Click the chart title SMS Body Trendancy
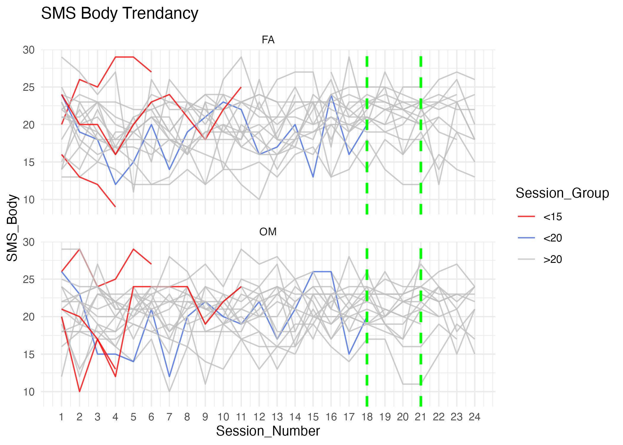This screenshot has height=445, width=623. coord(120,13)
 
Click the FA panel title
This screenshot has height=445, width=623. coord(268,40)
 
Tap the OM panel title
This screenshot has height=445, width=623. coord(268,232)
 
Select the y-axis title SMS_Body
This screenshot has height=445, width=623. coord(12,228)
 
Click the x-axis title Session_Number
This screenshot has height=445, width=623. coord(268,431)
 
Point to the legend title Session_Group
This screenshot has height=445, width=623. coord(562,193)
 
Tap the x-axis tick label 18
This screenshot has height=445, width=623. coord(367,417)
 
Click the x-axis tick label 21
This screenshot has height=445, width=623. coord(421,417)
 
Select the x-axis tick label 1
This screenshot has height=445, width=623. coord(61,417)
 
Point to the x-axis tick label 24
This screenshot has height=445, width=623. coord(474,417)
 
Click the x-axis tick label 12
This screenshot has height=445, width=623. coord(259,417)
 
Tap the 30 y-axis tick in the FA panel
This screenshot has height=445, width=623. coord(29,50)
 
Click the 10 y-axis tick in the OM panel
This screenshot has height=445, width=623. coord(29,392)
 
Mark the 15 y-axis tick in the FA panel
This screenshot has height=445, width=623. coord(29,162)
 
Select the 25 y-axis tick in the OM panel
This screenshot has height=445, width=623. coord(29,279)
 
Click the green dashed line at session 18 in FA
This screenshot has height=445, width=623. coord(367,133)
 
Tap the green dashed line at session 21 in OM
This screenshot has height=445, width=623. coord(421,326)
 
